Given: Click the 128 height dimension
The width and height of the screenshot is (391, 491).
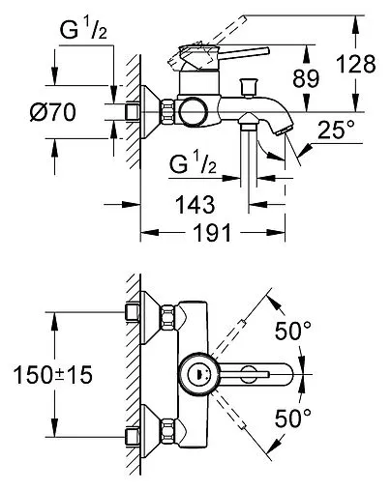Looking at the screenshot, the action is point(356,64).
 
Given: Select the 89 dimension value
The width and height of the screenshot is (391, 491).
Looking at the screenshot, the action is point(306,78).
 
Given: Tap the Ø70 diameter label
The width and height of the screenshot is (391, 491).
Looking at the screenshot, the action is point(53,112).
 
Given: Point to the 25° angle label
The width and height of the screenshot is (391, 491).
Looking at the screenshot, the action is point(336,130).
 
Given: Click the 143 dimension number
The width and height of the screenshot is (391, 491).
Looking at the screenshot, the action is point(195,205).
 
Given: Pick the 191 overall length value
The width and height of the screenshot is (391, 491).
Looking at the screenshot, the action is point(212,233).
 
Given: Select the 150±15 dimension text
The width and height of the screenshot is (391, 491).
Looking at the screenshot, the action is point(52,375).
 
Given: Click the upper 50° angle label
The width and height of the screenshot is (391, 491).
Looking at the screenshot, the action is point(293,331).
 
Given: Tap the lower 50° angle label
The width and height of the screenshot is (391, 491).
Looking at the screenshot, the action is point(293,418).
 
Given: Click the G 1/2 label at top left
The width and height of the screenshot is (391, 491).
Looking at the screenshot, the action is point(83,31).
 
